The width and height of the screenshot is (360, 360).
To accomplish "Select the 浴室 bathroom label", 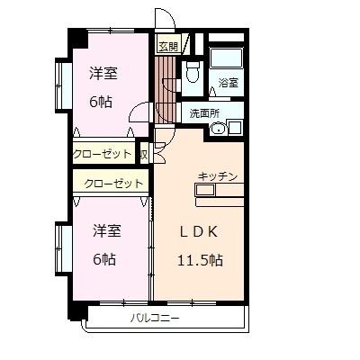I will click(x=228, y=84).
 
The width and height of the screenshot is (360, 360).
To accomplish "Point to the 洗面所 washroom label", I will click(x=203, y=112).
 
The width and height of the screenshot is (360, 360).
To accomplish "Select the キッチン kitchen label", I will click(x=217, y=176).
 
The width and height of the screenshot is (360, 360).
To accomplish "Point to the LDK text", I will click(x=199, y=231).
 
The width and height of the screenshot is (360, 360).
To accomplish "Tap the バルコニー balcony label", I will click(x=155, y=318).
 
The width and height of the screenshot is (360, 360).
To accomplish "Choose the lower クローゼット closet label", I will click(x=113, y=184).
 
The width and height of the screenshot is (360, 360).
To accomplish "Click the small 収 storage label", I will click(x=143, y=154).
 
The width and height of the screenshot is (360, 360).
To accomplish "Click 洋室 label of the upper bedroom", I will click(x=102, y=73).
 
